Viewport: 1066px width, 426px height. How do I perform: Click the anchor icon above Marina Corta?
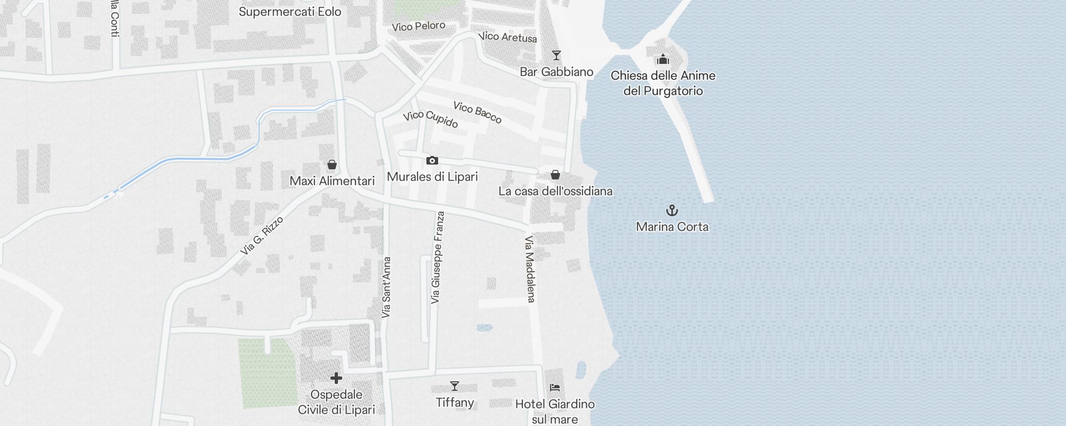672,210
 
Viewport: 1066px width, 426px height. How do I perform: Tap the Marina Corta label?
672,227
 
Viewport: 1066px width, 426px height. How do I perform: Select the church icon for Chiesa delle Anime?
663,59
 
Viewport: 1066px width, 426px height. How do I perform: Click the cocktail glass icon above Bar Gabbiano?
556,55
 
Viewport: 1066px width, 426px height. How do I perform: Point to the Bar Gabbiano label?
556,72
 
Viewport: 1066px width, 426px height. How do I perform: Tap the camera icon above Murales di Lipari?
432,160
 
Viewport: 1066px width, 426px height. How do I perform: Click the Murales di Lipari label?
432,177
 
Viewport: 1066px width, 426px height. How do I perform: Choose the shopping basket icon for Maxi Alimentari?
332,165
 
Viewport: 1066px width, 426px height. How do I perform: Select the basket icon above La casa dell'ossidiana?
555,175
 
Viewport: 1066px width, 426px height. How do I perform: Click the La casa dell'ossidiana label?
555,191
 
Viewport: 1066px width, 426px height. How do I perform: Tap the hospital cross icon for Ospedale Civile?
336,378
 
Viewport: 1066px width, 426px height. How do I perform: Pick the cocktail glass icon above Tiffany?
455,386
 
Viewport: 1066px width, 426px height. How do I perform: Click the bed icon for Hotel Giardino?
555,388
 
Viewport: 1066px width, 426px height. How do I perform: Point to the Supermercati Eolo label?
290,12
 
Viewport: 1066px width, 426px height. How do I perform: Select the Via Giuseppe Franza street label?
438,258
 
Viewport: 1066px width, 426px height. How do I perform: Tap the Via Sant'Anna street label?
387,288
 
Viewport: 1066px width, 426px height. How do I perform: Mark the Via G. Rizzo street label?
262,235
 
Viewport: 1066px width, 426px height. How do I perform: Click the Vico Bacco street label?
477,112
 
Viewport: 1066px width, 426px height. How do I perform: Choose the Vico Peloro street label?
418,26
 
